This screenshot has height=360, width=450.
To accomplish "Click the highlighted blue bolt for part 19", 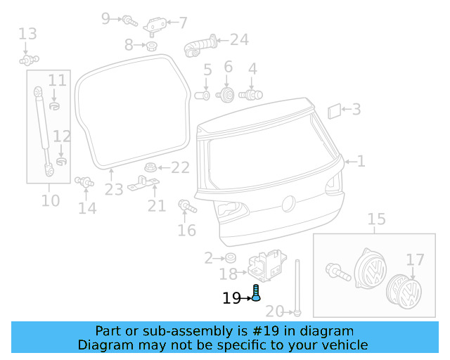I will (x=256, y=292).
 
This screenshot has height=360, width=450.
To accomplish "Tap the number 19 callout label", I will (x=231, y=299).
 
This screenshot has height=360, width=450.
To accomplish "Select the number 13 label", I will (x=27, y=33).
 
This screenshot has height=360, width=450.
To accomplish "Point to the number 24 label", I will (x=239, y=39).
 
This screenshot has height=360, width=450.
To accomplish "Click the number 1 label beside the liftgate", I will (x=361, y=161).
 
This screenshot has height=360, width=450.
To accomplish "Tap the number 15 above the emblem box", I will (x=377, y=219).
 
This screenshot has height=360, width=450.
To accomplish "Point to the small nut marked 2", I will (x=230, y=258).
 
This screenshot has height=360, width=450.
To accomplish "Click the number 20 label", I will (x=275, y=311).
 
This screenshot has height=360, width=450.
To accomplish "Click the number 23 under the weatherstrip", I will (x=114, y=189).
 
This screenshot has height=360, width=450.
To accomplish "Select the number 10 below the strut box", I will (x=50, y=200).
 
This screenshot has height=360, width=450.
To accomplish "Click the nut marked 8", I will (x=150, y=46).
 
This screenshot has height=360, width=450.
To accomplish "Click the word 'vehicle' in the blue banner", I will (x=345, y=345).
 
